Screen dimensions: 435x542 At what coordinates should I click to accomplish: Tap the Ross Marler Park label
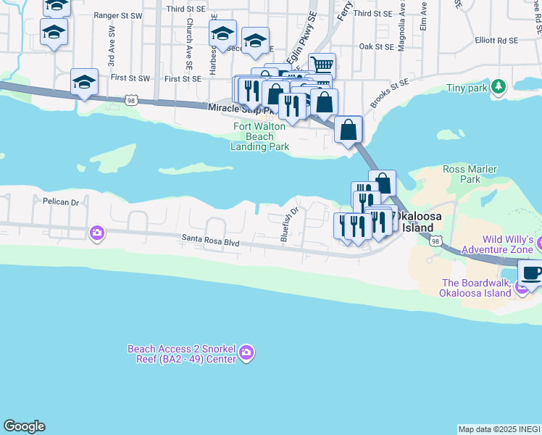(470, 174)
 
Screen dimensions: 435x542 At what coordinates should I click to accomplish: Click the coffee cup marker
(532, 274)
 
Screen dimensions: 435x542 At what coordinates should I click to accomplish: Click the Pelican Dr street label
(60, 202)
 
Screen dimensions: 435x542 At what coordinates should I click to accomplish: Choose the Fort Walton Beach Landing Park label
(259, 136)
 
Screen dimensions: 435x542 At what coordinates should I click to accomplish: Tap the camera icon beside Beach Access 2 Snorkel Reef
(246, 353)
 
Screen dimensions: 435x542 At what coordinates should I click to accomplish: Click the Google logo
(24, 426)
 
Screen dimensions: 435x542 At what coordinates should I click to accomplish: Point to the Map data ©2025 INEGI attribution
(499, 429)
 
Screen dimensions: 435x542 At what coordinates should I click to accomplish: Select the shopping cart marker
(322, 66)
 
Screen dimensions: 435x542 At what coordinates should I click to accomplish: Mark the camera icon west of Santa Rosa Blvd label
(96, 233)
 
